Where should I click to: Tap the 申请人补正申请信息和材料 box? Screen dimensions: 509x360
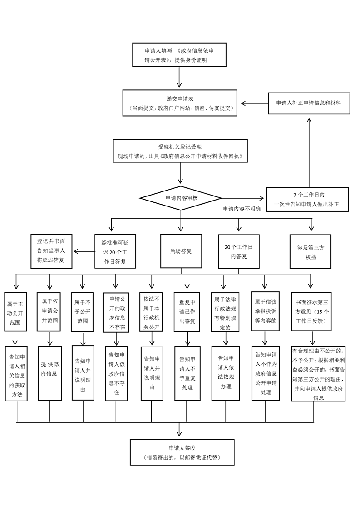pos(308,103)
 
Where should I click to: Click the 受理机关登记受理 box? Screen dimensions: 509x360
pos(181,152)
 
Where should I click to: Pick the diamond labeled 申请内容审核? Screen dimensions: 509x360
pos(181,198)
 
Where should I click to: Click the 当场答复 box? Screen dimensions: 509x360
pos(181,250)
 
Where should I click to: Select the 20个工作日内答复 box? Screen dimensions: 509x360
pos(238,251)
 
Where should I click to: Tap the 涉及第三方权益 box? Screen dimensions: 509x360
pos(311,251)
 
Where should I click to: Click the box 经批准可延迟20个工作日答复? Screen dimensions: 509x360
pos(115,251)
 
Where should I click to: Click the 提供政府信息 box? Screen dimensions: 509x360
pos(49,373)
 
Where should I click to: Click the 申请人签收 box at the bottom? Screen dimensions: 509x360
pos(181,452)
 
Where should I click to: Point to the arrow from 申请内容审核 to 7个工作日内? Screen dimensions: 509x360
pos(243,198)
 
